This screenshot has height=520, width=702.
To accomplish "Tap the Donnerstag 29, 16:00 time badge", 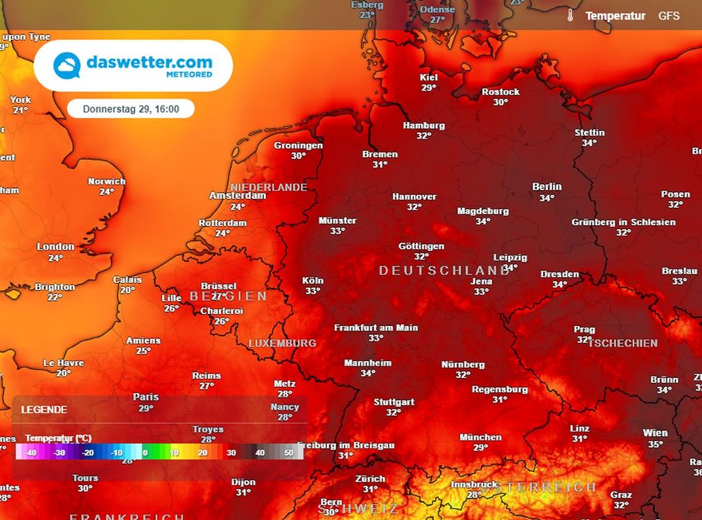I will tap(131, 109).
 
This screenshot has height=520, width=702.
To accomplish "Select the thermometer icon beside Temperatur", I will tap(569, 16).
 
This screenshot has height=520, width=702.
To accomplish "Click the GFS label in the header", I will tap(669, 16).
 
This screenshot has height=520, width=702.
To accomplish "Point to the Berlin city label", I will tap(546, 187).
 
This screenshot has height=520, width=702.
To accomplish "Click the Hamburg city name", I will tap(424, 126).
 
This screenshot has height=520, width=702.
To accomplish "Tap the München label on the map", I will tap(481, 437).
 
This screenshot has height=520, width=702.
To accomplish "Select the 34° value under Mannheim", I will tap(368, 374).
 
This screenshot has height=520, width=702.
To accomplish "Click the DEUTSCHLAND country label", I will tap(445, 271).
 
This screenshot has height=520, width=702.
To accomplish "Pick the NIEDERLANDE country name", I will tap(269, 187).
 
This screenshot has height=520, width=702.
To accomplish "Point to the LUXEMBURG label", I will tap(282, 343).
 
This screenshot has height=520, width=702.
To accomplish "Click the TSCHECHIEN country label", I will tap(622, 343).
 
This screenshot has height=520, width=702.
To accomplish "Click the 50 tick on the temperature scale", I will tap(288, 453).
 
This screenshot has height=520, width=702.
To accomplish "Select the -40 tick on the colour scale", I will tap(30, 453).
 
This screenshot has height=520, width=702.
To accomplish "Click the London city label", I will tap(56, 247).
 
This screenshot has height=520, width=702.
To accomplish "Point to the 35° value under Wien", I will tap(655, 445).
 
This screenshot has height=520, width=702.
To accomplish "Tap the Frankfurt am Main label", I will tap(376, 328).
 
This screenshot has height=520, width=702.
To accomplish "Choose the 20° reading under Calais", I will tap(128, 290).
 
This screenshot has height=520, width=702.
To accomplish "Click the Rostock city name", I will tap(500, 92).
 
